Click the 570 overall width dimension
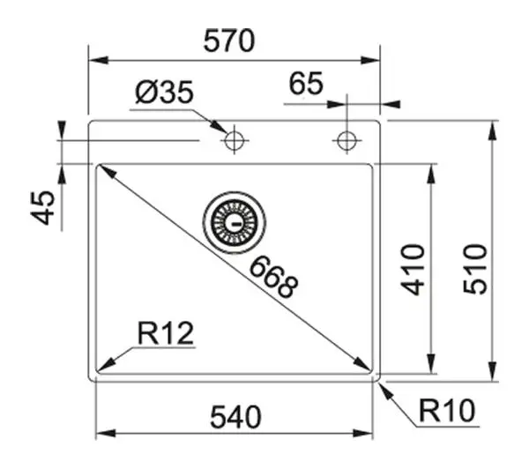point(229,41)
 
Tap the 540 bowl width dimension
point(235,417)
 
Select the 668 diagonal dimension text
point(273,277)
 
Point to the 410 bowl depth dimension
point(413,270)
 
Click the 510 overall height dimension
point(475,269)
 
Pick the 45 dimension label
point(42,207)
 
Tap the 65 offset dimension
point(306,84)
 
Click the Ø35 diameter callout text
point(164,92)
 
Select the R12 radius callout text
point(166,333)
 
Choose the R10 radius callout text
point(447,411)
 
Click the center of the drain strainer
point(235,223)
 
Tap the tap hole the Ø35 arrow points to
point(235,140)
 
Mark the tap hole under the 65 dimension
point(346,140)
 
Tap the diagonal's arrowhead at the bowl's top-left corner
point(108,171)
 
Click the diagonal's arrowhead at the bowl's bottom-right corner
point(361,365)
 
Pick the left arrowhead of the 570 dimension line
point(99,61)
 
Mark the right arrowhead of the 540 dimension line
point(362,433)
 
